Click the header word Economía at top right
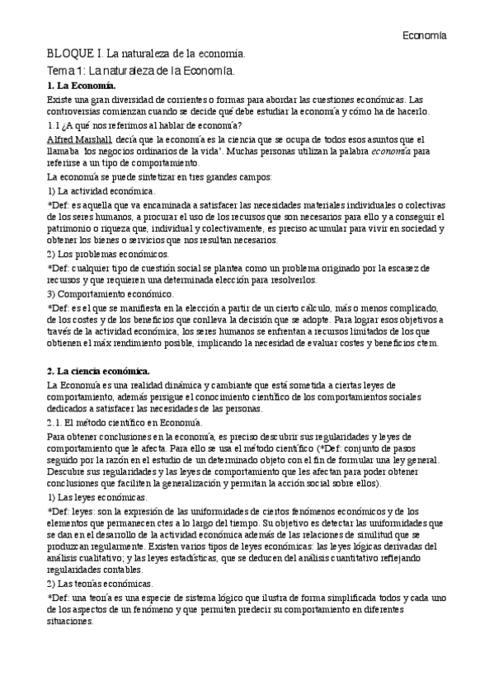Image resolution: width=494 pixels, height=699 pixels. pos(425,35)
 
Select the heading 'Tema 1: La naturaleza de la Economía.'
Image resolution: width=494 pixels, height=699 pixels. pos(141,71)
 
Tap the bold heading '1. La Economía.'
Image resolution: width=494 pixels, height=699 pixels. pos(82,86)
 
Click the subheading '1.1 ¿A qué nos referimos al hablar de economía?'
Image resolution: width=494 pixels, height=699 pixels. pos(144,125)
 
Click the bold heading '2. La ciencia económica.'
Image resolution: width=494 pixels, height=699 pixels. pos(98,372)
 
